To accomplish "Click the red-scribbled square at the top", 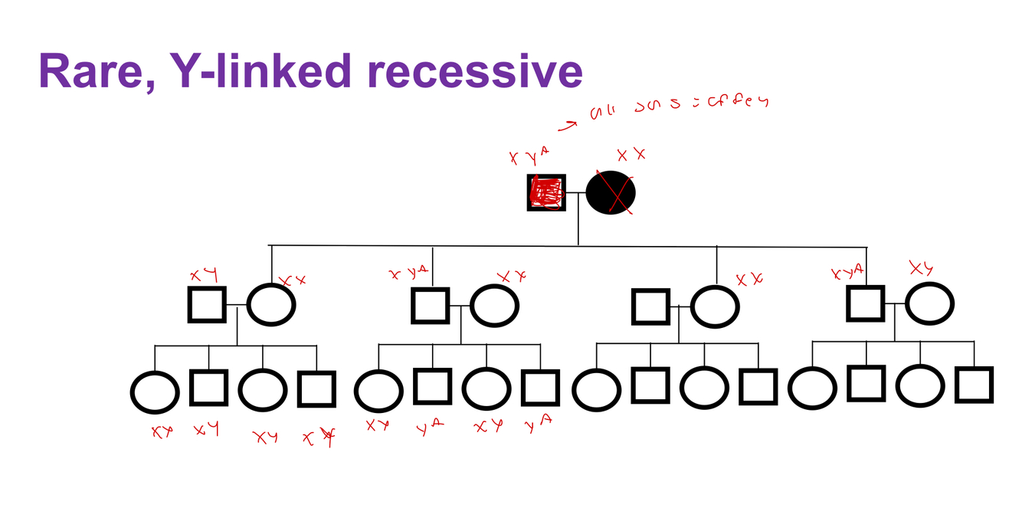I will coord(546,193).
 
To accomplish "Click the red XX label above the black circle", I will coord(631,156).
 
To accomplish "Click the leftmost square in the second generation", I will coord(207,305).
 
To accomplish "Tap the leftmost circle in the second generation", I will coord(271,304).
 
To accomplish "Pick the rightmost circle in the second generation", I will coord(930,304).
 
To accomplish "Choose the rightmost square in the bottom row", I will coord(975,385).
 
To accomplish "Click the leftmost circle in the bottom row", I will coord(155,392).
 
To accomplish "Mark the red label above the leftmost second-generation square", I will coord(205,274).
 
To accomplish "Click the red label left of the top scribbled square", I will coord(529,157).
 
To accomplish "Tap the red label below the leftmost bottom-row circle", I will coord(162,432).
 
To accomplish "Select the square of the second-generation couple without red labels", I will coord(651,307).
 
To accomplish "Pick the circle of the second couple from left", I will coord(494,306).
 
